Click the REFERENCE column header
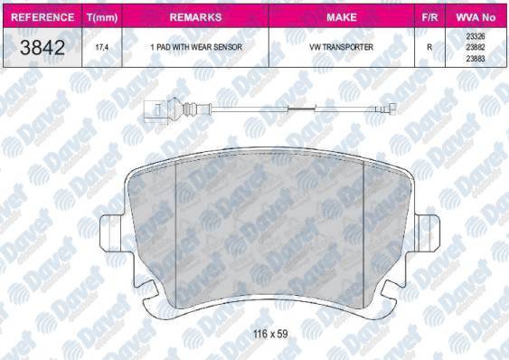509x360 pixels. [x=42, y=17]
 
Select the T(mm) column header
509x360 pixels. [x=102, y=17]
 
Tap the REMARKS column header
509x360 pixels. [x=195, y=17]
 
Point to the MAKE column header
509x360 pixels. [x=342, y=17]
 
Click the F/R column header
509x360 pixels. [x=429, y=17]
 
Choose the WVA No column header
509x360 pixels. [x=476, y=17]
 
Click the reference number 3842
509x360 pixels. [x=42, y=47]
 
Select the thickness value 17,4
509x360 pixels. [x=101, y=47]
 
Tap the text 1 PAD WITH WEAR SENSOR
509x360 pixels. [x=196, y=47]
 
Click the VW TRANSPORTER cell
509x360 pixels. [x=342, y=47]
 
